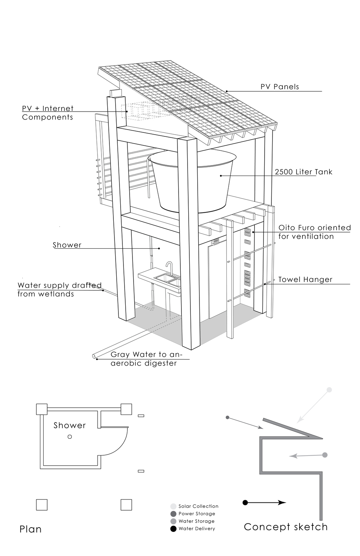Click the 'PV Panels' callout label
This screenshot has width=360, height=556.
click(280, 87)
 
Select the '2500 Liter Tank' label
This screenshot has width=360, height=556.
click(303, 172)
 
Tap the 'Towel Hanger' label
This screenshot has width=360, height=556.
click(305, 280)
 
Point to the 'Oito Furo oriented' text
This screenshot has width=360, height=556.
click(315, 228)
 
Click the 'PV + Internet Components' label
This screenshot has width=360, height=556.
click(48, 113)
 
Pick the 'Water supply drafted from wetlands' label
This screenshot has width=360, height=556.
click(59, 290)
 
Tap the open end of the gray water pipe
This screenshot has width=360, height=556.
click(94, 356)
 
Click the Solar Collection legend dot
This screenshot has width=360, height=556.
click(174, 506)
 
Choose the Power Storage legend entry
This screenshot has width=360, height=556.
click(197, 514)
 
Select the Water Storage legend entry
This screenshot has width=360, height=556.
click(196, 521)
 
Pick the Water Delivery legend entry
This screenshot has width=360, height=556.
click(197, 529)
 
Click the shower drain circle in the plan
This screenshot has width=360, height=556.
click(70, 437)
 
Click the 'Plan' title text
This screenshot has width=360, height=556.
click(31, 529)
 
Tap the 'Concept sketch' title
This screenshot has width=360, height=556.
click(286, 527)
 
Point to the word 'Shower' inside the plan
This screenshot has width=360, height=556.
click(69, 425)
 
